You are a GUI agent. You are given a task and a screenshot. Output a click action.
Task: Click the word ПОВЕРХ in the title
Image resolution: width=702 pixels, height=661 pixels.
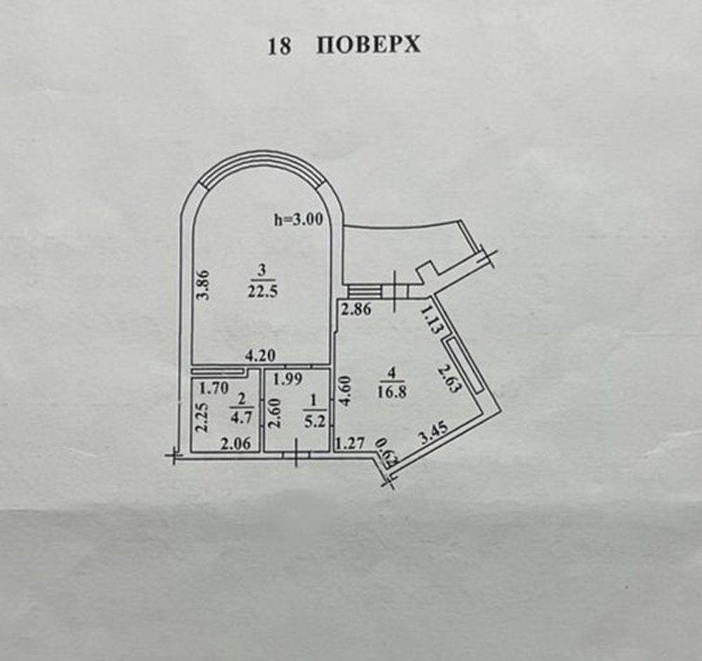pos(369,45)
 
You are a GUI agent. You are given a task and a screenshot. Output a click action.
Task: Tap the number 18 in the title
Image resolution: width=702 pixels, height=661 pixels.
pos(279,46)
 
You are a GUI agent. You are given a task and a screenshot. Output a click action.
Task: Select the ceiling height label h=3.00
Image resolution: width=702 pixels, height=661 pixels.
pos(298,220)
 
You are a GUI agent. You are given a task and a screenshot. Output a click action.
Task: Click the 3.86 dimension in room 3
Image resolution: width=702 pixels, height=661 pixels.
pos(204,284)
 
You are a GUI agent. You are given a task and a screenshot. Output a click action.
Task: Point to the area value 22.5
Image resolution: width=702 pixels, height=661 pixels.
pos(263,292)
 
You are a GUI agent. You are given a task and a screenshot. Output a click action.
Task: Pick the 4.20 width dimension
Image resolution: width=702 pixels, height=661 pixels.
pos(260,356)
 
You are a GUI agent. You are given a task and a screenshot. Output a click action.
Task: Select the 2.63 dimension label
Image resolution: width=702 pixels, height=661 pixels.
pos(449,379)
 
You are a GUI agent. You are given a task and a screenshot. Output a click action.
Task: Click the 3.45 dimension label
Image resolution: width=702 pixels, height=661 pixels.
pos(433,433)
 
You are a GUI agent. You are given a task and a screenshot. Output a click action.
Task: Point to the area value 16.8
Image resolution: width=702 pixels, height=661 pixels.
pos(392,392)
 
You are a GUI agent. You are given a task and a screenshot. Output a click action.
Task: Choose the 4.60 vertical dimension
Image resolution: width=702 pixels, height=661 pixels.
pos(346,391)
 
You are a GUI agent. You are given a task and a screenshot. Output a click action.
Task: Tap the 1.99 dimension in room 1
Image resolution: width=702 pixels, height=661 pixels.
pos(289,379)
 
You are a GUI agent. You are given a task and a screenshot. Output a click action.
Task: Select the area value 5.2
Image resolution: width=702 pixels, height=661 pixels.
pos(314,421)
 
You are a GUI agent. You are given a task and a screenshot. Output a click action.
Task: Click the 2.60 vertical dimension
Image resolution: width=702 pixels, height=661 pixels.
pos(274,413)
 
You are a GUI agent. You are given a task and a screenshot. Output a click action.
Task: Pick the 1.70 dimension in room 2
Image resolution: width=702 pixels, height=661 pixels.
pos(214,388)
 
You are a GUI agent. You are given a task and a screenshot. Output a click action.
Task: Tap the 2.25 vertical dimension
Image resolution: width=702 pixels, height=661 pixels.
pos(203,417)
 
